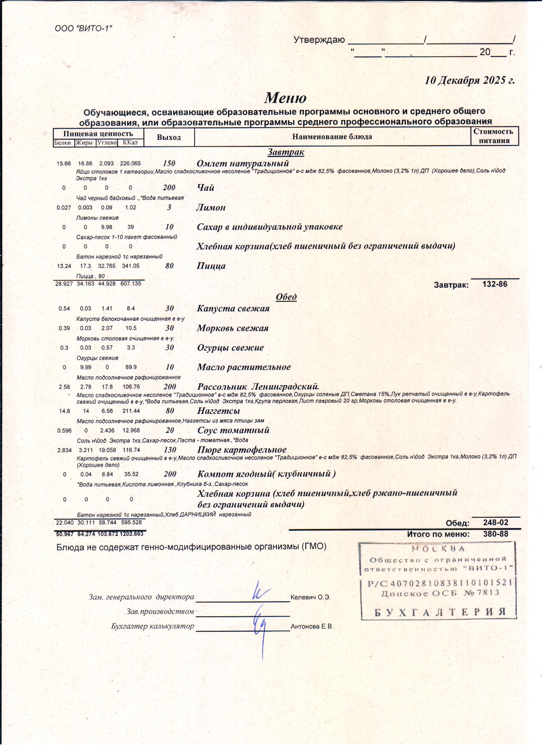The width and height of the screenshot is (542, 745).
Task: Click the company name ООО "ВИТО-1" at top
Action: [x=84, y=29]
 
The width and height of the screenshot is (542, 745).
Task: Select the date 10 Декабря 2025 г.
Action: [x=469, y=81]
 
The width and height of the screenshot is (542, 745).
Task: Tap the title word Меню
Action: [x=285, y=98]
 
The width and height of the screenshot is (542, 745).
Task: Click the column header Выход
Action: [x=169, y=137]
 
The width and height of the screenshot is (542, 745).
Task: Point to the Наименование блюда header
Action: [x=332, y=137]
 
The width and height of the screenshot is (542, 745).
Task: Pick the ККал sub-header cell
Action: [x=130, y=143]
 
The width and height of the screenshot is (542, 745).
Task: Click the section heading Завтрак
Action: [x=286, y=152]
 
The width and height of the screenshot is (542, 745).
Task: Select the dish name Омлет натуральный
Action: [x=243, y=163]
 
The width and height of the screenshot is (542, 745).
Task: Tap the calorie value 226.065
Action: [x=130, y=163]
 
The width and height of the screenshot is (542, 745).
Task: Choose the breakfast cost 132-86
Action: [x=495, y=284]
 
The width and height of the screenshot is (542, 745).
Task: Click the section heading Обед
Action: [x=286, y=297]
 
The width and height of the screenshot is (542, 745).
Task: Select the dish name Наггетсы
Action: [x=219, y=411]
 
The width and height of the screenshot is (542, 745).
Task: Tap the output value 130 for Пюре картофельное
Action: [x=170, y=450]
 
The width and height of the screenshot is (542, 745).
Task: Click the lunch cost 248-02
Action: [x=495, y=522]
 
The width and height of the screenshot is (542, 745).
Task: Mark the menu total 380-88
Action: [x=495, y=534]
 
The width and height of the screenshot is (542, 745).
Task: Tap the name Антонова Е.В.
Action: [x=311, y=626]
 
